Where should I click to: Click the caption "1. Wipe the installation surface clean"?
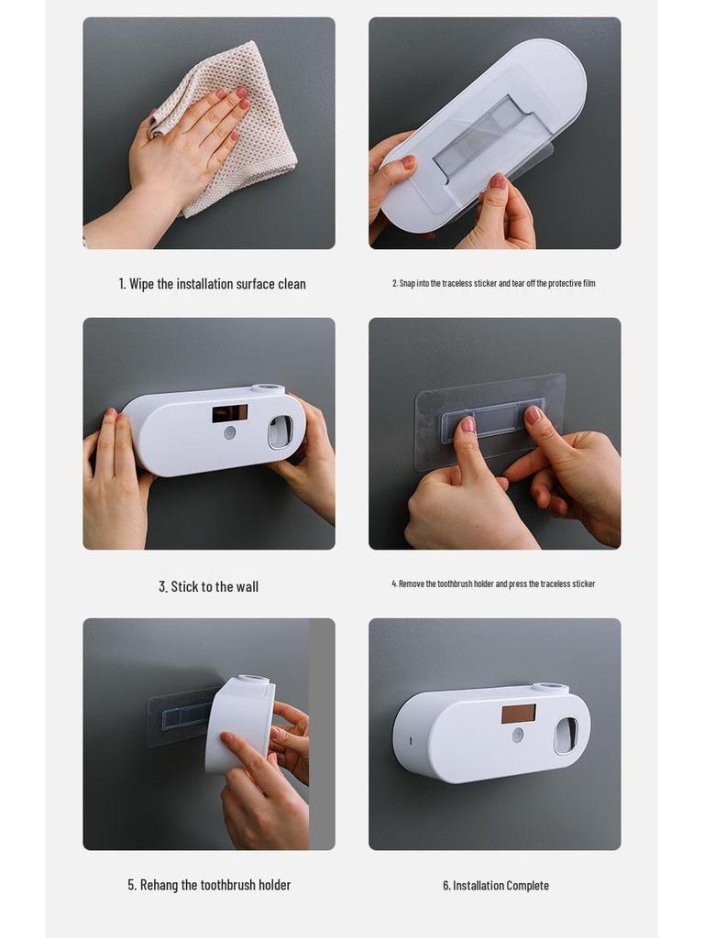click(x=212, y=284)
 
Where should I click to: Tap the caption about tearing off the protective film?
click(x=494, y=284)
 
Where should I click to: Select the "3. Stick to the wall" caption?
click(x=209, y=586)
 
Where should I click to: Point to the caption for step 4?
click(x=494, y=584)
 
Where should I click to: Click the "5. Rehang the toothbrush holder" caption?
click(x=209, y=885)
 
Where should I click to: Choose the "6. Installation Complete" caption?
click(x=496, y=886)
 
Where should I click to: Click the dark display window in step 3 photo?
click(x=229, y=413)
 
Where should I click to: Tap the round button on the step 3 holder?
click(x=230, y=433)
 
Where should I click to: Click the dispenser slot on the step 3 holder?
click(x=280, y=431)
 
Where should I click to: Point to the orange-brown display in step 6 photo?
click(x=518, y=714)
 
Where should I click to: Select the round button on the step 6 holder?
click(x=518, y=735)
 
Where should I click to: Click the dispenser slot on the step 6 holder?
click(x=566, y=735)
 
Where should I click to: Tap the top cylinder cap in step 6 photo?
click(x=550, y=688)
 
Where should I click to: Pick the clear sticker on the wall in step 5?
click(x=179, y=716)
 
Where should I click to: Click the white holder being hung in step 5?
click(x=240, y=724)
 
